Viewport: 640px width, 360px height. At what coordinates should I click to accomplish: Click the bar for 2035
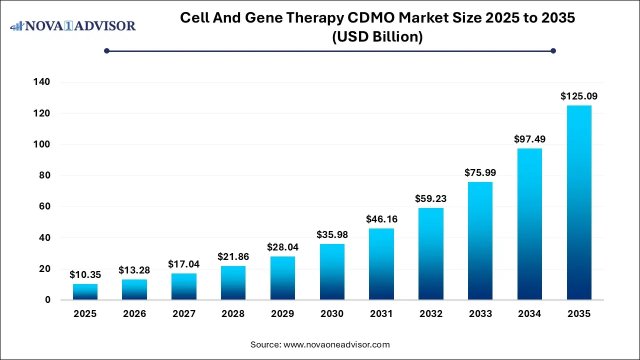tap(579, 202)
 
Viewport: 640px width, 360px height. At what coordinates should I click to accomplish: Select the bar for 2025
tap(85, 292)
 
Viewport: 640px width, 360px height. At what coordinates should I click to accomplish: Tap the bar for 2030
tap(332, 271)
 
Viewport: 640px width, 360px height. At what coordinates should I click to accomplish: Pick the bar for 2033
tap(480, 240)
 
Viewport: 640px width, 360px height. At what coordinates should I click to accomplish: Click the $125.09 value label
tap(579, 96)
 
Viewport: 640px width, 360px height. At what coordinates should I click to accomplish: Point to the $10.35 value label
tap(85, 274)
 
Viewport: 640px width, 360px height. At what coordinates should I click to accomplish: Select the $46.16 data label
tap(381, 219)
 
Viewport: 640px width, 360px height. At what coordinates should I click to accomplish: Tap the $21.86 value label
tap(233, 256)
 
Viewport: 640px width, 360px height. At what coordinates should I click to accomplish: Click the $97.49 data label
tap(529, 139)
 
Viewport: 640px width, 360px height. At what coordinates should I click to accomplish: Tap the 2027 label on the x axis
tap(183, 314)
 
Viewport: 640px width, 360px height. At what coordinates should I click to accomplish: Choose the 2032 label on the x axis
tap(430, 314)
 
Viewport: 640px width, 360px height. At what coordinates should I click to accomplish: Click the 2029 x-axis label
tap(282, 314)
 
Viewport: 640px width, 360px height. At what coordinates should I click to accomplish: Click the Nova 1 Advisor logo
tap(73, 25)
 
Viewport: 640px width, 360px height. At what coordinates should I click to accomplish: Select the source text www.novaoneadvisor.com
tap(336, 344)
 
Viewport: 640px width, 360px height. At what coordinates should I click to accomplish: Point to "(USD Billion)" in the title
tap(377, 36)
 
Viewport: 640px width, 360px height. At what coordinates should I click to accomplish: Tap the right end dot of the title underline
tap(553, 50)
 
